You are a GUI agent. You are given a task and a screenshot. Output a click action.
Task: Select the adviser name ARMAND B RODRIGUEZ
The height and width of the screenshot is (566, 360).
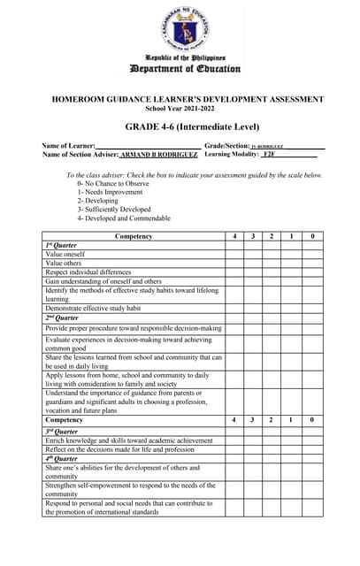(158, 154)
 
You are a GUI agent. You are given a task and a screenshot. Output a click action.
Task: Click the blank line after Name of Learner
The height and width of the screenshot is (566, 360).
(147, 144)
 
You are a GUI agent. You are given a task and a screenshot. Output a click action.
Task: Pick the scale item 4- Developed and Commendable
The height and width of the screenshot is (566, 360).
(124, 218)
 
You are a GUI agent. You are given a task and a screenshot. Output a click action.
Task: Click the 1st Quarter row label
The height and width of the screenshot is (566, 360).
(62, 245)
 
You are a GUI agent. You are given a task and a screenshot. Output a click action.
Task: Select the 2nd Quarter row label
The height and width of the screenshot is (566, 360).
(62, 317)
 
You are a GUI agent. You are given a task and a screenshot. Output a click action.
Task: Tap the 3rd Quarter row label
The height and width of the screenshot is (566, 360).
(62, 430)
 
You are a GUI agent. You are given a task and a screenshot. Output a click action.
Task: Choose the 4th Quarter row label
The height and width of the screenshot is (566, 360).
(62, 458)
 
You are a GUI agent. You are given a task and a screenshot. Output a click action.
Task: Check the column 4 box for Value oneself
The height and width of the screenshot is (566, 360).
(234, 254)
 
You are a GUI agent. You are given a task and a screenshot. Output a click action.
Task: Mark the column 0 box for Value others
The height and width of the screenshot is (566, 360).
(312, 263)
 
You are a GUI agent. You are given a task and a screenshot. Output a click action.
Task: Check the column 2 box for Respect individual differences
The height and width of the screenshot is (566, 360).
(272, 272)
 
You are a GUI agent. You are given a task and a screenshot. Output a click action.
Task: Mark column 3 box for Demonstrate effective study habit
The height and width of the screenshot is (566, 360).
(253, 309)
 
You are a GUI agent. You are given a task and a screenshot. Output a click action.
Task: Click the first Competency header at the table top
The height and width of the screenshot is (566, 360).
(134, 236)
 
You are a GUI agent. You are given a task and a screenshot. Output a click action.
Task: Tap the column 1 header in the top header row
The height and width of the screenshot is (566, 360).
(292, 236)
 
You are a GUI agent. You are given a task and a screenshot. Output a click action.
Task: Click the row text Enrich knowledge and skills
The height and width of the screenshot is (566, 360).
(129, 440)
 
